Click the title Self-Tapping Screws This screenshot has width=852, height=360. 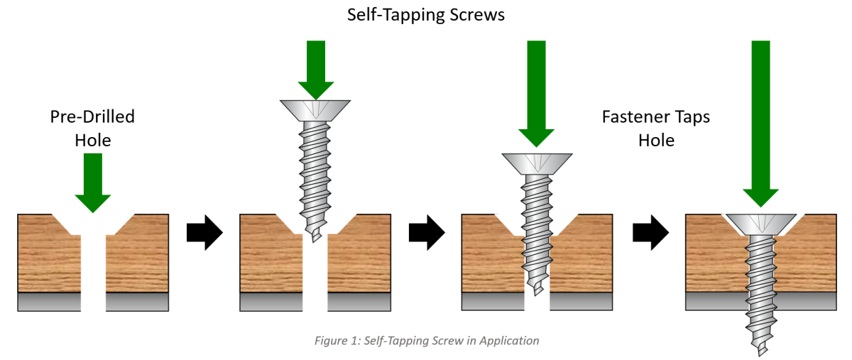point(425,15)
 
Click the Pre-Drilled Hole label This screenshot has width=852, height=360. point(92,129)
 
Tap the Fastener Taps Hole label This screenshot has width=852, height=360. point(655,129)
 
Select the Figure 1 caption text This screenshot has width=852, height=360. point(426,341)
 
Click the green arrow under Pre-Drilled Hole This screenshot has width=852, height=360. point(93,182)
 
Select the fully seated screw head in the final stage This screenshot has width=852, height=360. point(760,225)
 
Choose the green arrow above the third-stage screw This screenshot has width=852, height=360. point(536,92)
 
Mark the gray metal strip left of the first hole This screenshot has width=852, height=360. point(48,302)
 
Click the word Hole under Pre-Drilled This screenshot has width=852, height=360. point(93,141)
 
